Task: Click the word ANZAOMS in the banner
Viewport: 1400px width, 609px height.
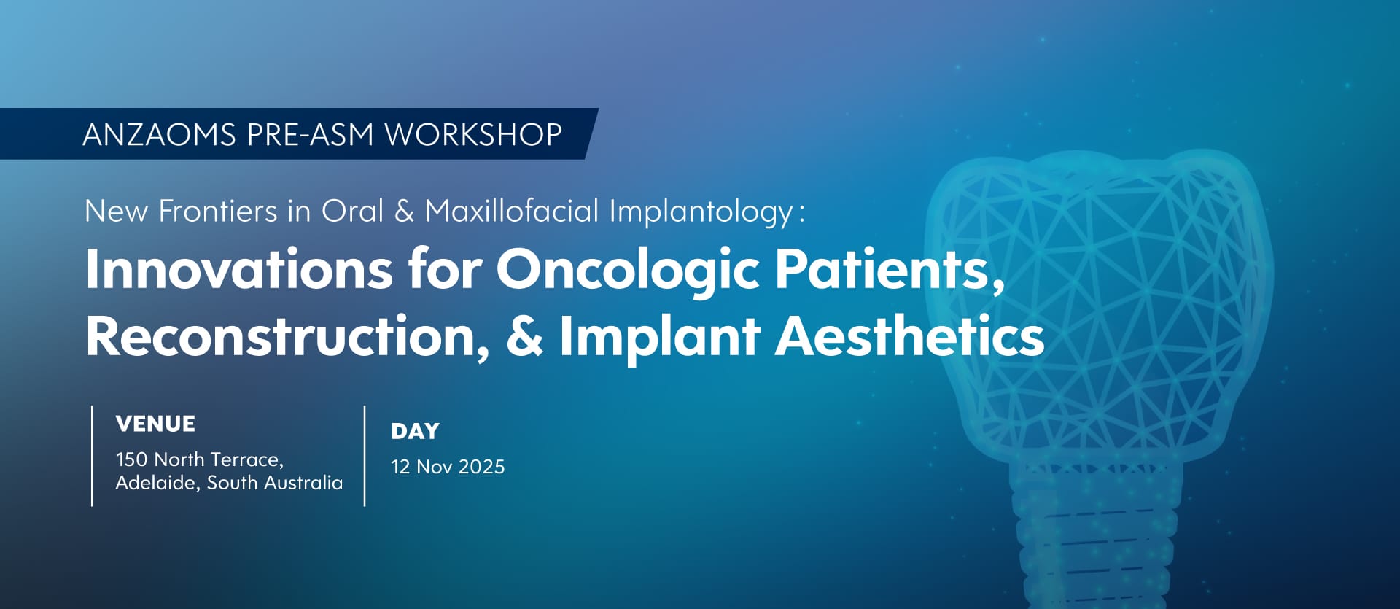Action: tap(160, 135)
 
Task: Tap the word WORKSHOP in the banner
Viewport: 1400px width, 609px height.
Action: tap(474, 135)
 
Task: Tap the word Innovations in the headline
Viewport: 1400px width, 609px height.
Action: tap(239, 269)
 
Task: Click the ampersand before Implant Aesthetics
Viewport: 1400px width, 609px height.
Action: tap(524, 336)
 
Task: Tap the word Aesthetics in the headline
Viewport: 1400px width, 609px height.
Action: tap(909, 336)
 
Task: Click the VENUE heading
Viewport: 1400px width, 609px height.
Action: tap(155, 424)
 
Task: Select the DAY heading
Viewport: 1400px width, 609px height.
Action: tap(415, 431)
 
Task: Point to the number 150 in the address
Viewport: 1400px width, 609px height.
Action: tap(132, 459)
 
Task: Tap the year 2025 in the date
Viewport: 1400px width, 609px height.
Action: tap(481, 467)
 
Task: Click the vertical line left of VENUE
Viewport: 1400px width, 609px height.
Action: tap(92, 456)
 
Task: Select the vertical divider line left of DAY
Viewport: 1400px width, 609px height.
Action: tap(365, 456)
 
